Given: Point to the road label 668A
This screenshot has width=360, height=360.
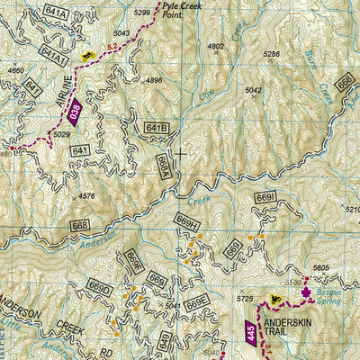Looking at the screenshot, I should click(163, 165).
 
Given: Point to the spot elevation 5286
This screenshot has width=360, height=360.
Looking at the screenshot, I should click(271, 55).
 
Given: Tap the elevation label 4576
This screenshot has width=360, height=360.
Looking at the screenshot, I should click(86, 195).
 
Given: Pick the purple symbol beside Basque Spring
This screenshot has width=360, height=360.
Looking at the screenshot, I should click(305, 292).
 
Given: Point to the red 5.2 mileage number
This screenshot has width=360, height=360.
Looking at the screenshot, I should click(112, 44).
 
